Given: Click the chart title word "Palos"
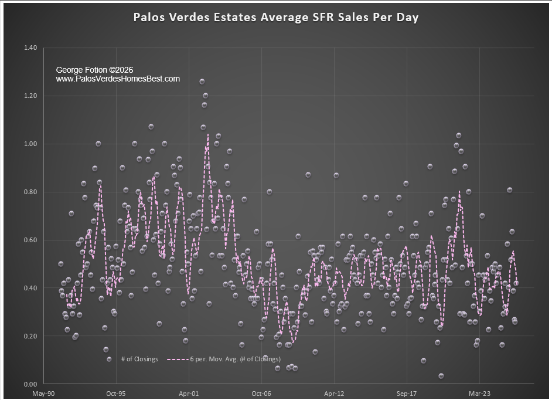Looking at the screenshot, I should [151, 17].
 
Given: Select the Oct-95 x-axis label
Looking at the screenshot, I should [115, 394].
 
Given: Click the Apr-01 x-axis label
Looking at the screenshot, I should [188, 394].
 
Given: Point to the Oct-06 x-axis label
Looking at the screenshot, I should [261, 394].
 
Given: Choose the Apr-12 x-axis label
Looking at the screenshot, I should [333, 394].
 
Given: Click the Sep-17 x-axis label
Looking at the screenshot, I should [406, 394].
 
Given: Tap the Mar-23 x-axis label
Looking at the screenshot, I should [479, 394].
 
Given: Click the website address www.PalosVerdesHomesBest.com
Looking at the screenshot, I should [118, 79].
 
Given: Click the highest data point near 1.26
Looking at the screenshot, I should [202, 82].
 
